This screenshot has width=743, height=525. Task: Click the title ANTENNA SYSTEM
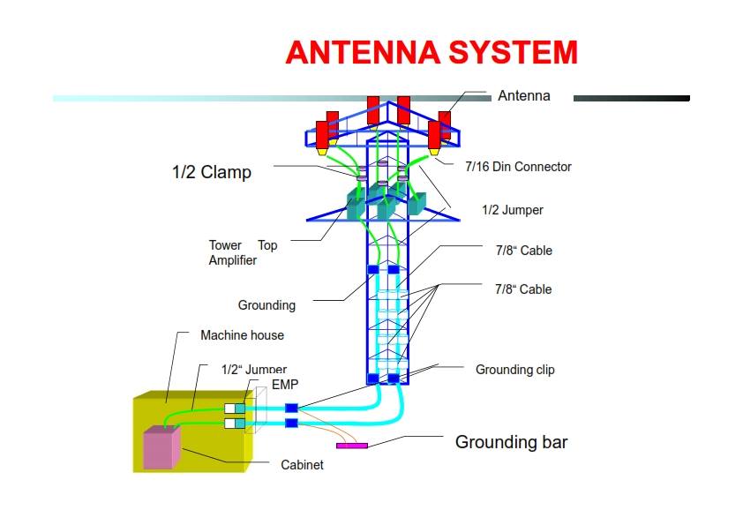point(432,53)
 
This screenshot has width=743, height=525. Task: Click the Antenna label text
point(523,95)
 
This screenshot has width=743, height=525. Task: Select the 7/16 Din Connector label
point(518,167)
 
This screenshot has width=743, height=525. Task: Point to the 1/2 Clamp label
point(211,172)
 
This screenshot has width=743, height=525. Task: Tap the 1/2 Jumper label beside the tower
point(512,210)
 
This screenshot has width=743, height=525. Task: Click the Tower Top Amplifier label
point(243,252)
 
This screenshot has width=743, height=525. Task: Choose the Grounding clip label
point(514,369)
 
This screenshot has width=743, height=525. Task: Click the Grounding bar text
point(511,442)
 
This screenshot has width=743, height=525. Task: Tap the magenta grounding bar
point(352,446)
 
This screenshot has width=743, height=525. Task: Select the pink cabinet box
point(161,447)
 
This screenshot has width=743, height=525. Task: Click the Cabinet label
point(302,464)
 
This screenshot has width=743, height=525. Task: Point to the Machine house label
point(242,335)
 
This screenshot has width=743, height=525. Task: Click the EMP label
point(286,384)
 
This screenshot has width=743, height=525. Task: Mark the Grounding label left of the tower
point(266,305)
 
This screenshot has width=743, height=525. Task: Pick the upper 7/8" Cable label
point(523,251)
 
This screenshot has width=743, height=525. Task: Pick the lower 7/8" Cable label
point(523,289)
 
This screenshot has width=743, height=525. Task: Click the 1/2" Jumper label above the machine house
point(253,370)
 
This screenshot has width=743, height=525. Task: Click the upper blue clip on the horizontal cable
point(292,408)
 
